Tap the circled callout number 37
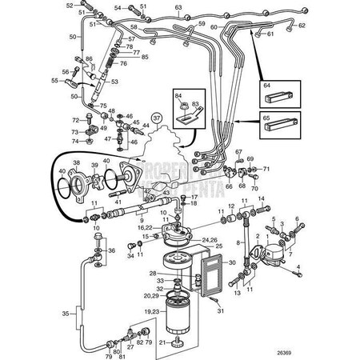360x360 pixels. [x=157, y=119]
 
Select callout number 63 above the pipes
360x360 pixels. [x=178, y=7]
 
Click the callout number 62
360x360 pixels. [x=302, y=26]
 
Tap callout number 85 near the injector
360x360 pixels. [x=145, y=58]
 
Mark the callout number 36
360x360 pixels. [x=112, y=250]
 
